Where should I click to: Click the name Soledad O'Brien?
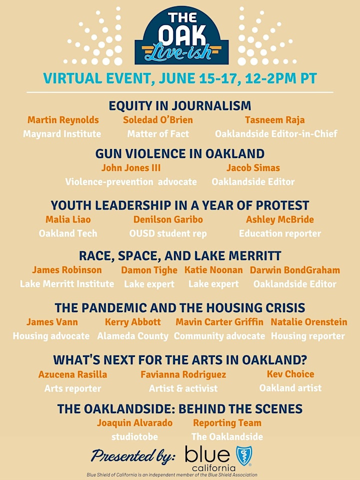coord(158,120)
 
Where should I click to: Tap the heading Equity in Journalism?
coord(180,105)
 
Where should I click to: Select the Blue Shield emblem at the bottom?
coord(244,456)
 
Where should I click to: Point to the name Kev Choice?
coord(290,374)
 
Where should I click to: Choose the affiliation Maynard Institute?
coord(62,134)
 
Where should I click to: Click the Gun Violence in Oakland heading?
coord(180,153)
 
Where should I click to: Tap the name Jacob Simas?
coord(253,168)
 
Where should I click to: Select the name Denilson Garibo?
coord(168,219)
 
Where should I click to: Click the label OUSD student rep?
coord(168,233)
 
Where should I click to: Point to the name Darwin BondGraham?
coord(295,270)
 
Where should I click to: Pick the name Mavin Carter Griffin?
coord(219,322)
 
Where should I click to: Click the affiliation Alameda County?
coord(133,336)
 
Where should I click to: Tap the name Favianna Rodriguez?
coord(183,374)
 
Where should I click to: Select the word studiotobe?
coord(134,436)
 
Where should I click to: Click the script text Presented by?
coord(133,456)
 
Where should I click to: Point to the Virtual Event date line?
coord(180,78)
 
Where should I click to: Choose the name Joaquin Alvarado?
coord(134,423)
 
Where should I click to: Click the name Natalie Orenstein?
coord(309,322)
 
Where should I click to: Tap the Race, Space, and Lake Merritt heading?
coord(180,256)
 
